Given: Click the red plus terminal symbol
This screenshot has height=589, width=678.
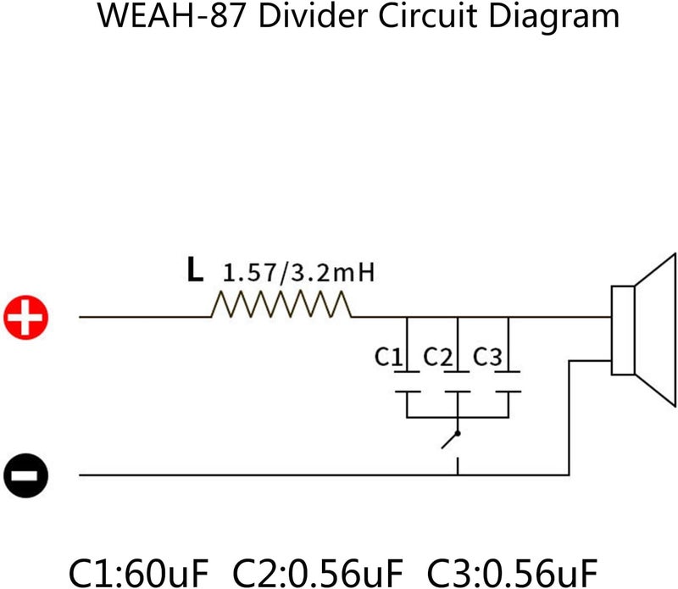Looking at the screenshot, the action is tap(26, 318).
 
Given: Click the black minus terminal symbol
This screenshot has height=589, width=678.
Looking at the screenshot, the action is tap(26, 475).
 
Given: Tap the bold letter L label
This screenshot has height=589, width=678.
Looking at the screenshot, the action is tap(195, 269).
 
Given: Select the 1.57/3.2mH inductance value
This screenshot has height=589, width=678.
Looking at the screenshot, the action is tap(298, 273).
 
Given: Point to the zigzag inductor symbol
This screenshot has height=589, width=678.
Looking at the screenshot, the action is tap(281, 304).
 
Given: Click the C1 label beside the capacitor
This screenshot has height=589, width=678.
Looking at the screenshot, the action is tap(388, 357).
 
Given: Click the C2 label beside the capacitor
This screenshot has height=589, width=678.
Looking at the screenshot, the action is tap(437, 357).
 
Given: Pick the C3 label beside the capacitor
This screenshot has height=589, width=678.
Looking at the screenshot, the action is tap(487, 357).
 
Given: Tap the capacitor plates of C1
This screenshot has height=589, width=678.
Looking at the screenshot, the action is tap(408, 382).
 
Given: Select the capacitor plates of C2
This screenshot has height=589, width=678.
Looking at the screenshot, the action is tap(458, 382).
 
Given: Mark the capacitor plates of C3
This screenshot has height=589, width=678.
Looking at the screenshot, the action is tap(508, 382).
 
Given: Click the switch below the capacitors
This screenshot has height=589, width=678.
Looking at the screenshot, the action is tap(451, 440).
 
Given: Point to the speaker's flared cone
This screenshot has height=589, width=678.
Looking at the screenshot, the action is tap(655, 330).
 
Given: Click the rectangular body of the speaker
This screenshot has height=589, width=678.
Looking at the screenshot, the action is tap(623, 330).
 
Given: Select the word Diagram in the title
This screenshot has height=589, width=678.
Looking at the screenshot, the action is tap(554, 18).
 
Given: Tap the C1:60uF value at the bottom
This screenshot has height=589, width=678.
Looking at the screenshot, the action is tap(139, 573).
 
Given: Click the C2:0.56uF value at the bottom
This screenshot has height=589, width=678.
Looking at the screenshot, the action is tap(318, 573).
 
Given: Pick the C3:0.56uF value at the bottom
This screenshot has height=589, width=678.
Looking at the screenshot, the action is tap(513, 573).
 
